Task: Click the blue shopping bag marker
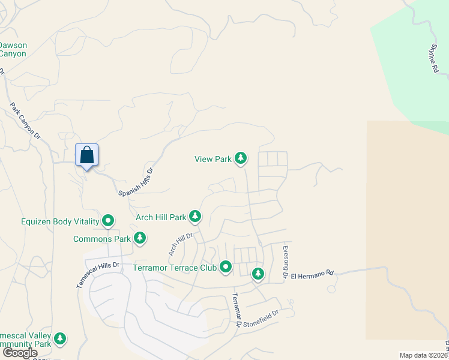click(87, 155)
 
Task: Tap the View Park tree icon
click(241, 158)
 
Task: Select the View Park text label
click(212, 159)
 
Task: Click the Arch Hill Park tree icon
click(194, 216)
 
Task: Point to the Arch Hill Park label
click(161, 217)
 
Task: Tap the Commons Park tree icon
click(140, 238)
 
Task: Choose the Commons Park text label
click(101, 239)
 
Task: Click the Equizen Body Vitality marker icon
click(108, 221)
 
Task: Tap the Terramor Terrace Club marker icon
click(226, 266)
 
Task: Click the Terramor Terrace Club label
click(174, 267)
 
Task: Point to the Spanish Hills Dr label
click(136, 181)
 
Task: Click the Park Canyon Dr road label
click(25, 121)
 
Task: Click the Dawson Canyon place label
click(13, 49)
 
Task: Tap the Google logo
click(20, 353)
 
